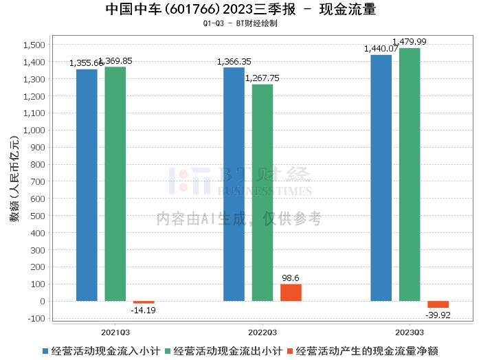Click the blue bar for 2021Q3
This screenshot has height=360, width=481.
point(87,185)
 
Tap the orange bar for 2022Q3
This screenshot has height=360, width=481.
point(291,293)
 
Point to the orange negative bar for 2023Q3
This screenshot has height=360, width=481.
point(438,304)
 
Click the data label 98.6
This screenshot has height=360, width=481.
point(291,278)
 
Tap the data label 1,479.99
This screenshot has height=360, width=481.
point(410,42)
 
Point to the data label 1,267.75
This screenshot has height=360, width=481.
point(262,78)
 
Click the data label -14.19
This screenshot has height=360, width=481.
point(144,311)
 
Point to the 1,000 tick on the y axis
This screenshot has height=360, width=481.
point(34,131)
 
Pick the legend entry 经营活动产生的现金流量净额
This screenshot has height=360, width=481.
point(368,351)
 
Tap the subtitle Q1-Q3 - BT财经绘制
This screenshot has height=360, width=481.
point(240,23)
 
